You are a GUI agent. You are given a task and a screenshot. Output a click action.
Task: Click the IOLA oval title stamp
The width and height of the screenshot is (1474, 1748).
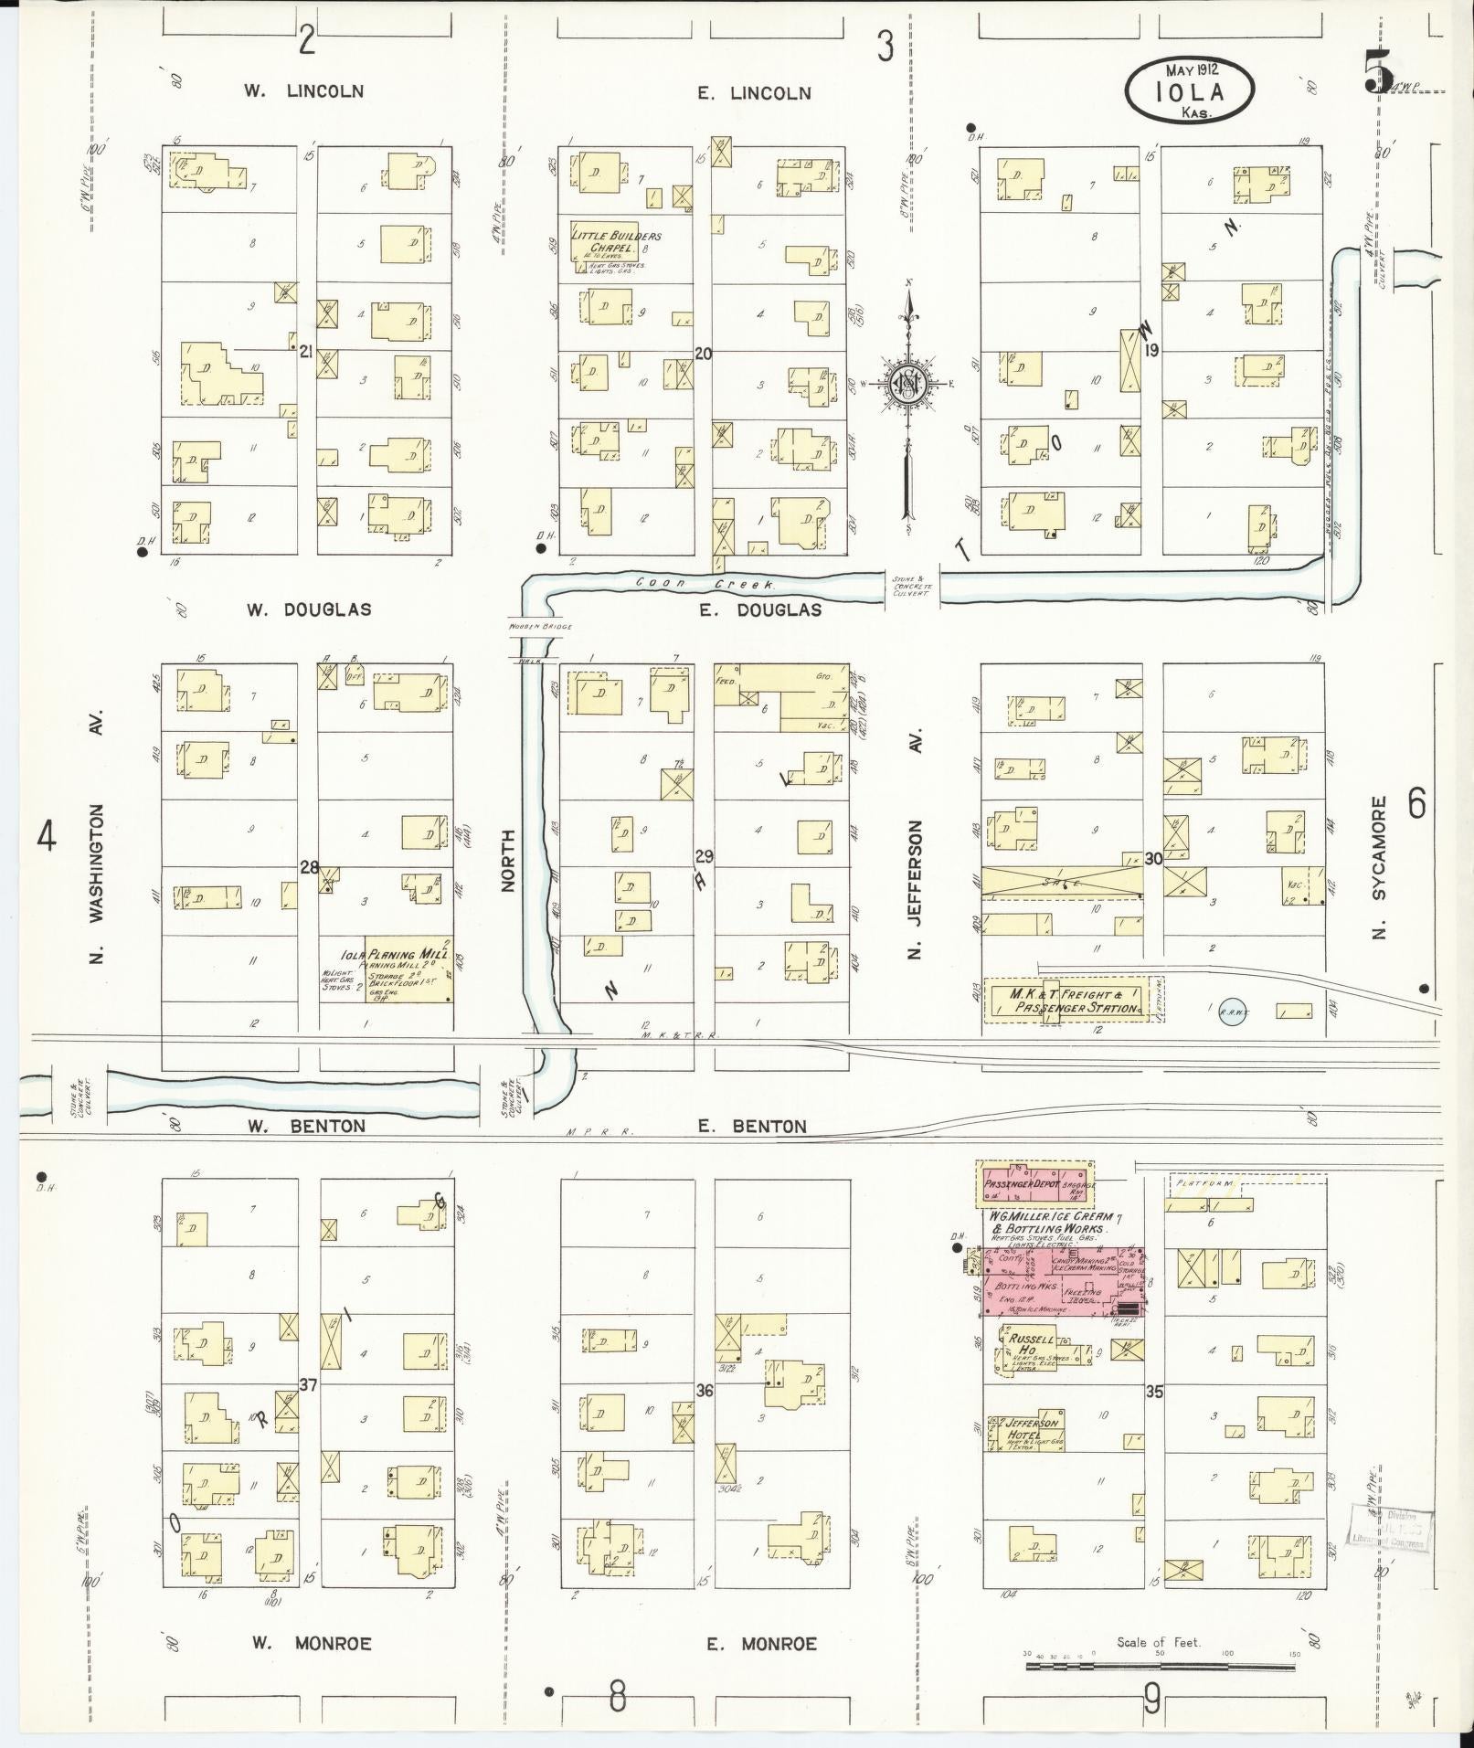click(1189, 90)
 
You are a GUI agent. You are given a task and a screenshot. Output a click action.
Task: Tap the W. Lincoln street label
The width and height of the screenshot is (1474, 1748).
click(303, 91)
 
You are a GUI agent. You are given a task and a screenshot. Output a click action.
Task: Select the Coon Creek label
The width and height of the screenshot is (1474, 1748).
click(705, 582)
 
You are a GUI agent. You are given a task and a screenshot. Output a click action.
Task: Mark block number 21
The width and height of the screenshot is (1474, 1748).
click(307, 349)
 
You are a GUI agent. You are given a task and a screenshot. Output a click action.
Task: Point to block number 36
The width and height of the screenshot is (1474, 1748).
click(704, 1390)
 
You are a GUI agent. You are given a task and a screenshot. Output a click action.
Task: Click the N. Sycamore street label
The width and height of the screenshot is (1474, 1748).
click(1378, 867)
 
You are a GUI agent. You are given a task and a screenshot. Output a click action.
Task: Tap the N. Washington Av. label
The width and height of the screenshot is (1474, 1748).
click(98, 835)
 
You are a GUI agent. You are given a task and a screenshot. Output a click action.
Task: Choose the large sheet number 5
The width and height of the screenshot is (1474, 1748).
click(1378, 70)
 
